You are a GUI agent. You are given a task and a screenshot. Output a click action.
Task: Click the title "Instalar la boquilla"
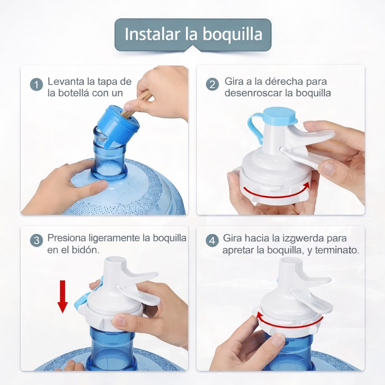(x=193, y=34)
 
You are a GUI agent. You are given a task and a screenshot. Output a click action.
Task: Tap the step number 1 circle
(x=36, y=84)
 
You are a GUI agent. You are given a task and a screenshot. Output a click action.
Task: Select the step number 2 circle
(x=212, y=84)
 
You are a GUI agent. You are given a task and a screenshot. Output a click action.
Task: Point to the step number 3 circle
(x=36, y=240)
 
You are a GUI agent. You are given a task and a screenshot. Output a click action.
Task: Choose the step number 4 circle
(x=212, y=240)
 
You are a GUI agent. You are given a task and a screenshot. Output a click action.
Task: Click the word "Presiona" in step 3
(x=66, y=238)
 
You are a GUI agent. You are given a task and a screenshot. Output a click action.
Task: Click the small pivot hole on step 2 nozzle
(x=281, y=149)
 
